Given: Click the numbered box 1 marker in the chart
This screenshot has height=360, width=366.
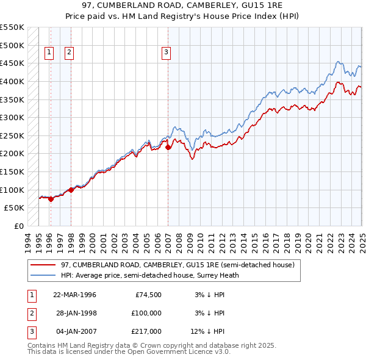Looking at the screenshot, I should [49, 53].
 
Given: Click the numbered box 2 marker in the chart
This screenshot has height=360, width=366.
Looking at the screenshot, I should [70, 53].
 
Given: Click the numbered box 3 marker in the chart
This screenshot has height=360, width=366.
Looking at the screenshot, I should [166, 53].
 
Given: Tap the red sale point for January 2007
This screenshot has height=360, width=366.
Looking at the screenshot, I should [168, 147].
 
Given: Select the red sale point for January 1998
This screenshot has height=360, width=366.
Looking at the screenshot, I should [71, 190].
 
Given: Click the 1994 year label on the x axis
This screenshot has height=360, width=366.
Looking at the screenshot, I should [28, 242].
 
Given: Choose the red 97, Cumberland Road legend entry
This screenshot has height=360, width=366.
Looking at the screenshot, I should [178, 265].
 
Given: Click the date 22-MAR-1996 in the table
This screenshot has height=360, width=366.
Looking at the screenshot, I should [75, 294].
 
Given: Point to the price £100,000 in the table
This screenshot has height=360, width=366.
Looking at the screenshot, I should [147, 312].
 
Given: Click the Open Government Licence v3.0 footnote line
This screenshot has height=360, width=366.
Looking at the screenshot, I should [129, 352].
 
